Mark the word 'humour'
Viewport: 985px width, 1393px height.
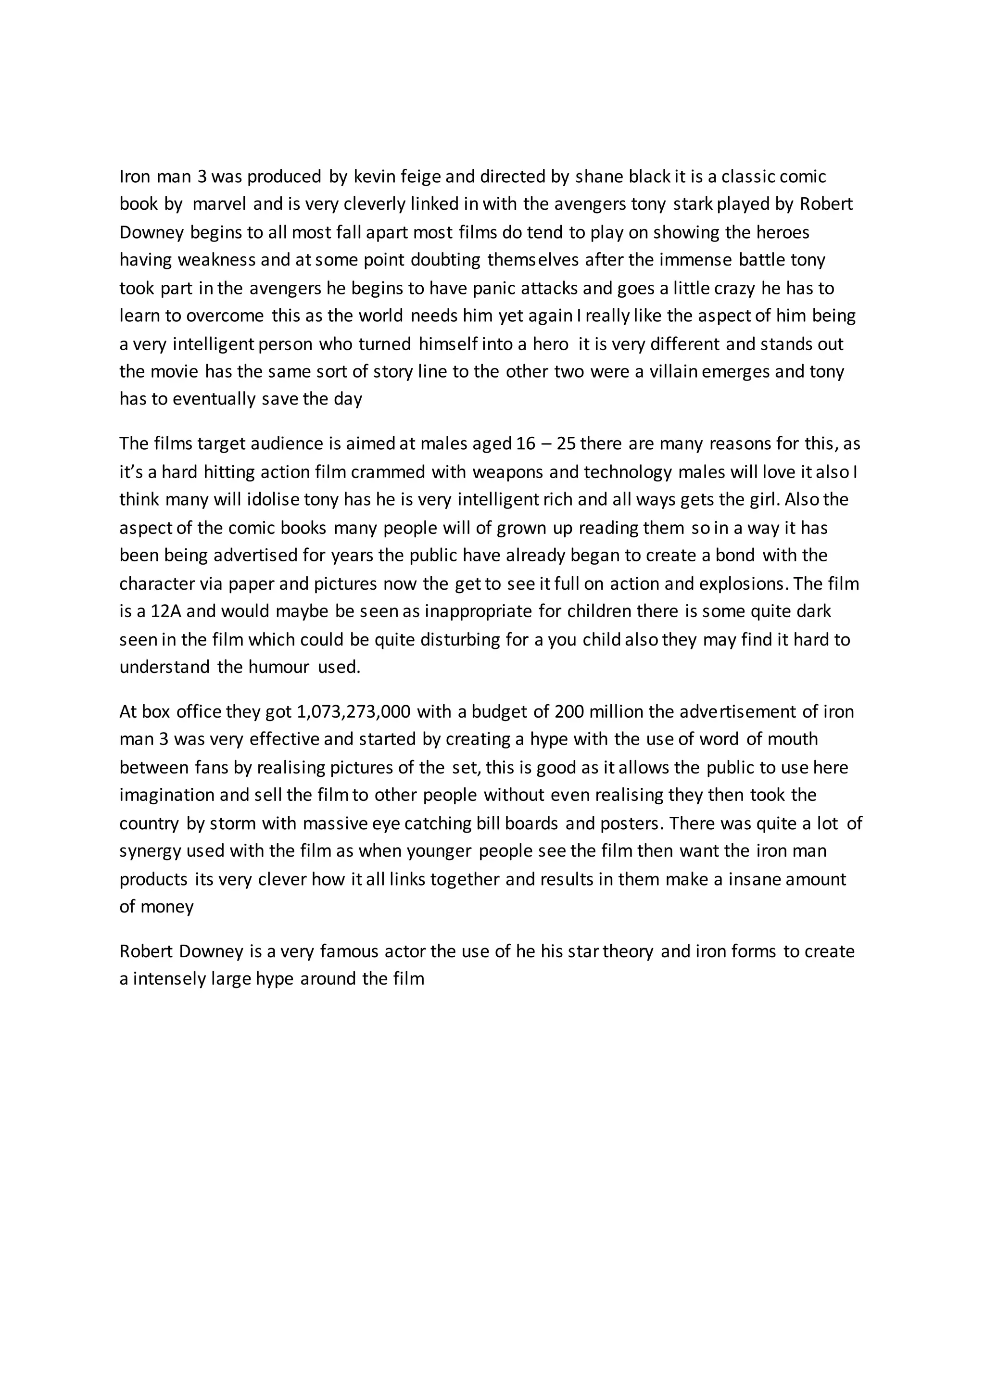pos(279,667)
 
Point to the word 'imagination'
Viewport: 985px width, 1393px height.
pos(167,796)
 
